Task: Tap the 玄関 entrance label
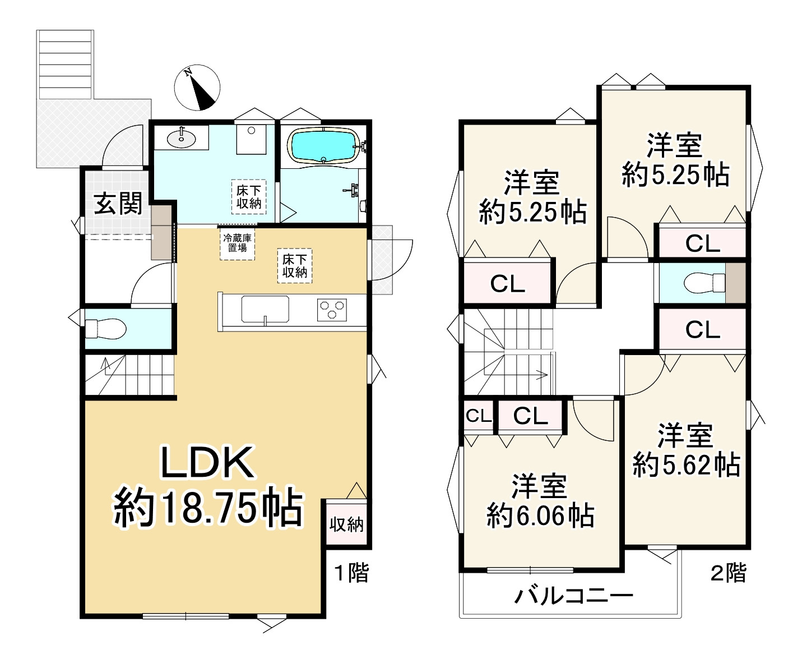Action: pos(118,204)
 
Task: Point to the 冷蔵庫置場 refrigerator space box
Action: pos(237,243)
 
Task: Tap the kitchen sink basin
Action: pos(265,309)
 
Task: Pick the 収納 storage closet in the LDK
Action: pos(346,524)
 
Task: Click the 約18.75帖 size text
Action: pos(208,508)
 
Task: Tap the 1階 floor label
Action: pos(351,573)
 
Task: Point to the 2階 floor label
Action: pos(728,573)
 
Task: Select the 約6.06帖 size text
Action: pos(540,515)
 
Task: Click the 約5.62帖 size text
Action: pos(686,465)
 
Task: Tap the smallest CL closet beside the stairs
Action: pos(478,416)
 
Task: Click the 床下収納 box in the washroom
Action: pos(249,197)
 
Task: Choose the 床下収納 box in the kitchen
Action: pos(295,266)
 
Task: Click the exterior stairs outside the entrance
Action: pos(64,65)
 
